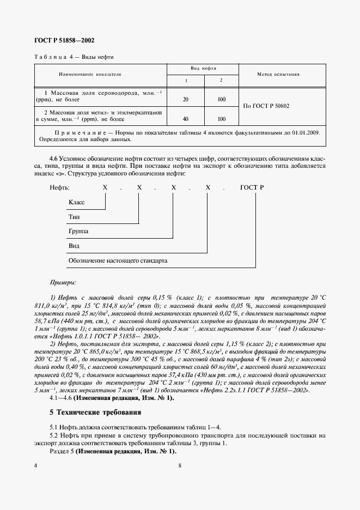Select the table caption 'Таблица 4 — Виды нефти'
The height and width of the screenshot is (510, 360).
click(x=74, y=57)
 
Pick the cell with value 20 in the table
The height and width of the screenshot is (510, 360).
click(x=186, y=99)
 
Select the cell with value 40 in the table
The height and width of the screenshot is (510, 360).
click(x=186, y=118)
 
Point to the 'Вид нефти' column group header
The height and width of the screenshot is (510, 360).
click(x=203, y=69)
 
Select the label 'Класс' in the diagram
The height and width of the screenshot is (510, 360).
click(x=76, y=202)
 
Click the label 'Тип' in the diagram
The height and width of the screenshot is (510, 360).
click(x=74, y=217)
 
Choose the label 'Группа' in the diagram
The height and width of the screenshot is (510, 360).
click(x=78, y=232)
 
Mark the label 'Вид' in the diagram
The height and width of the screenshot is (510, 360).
click(x=74, y=246)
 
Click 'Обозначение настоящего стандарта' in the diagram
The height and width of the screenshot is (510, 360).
click(x=117, y=261)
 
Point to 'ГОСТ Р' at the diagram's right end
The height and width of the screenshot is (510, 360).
click(x=252, y=187)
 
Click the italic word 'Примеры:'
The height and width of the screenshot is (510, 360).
click(x=63, y=282)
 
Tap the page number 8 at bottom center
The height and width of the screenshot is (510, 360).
click(x=179, y=465)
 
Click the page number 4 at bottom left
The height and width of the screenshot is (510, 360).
click(x=35, y=465)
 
